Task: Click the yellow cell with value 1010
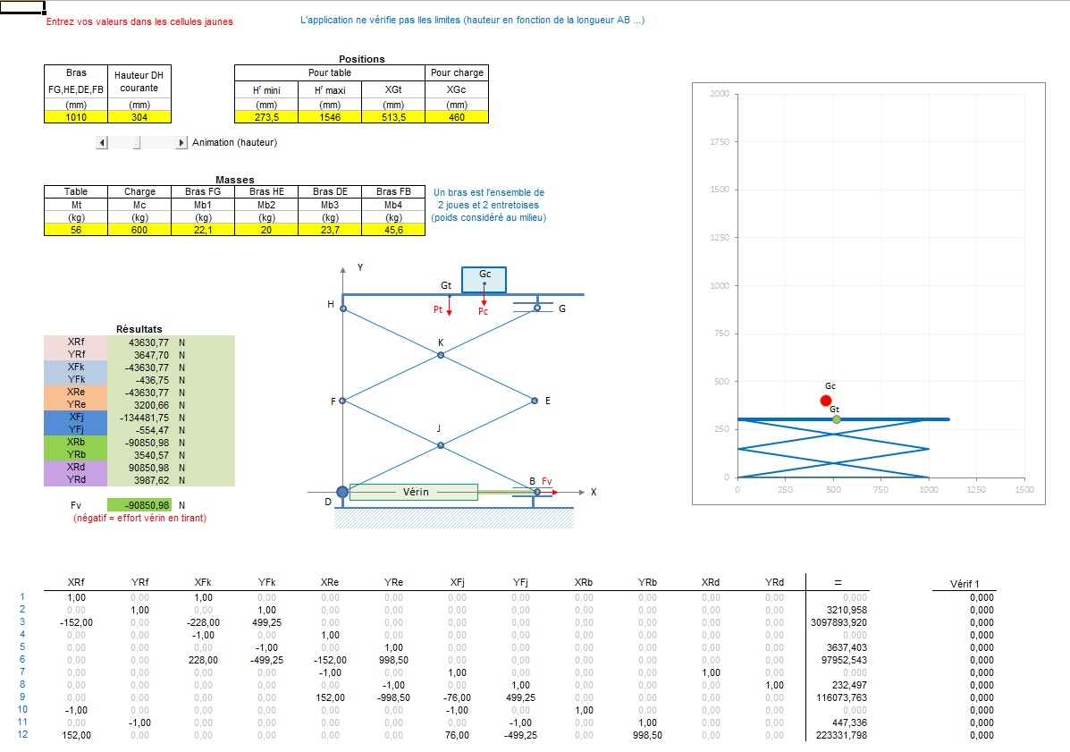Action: click(x=76, y=117)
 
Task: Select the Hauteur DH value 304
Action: click(x=139, y=117)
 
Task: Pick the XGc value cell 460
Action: click(x=457, y=117)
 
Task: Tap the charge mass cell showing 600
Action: click(x=139, y=230)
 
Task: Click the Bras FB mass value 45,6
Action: click(x=393, y=230)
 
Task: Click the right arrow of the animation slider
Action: click(x=182, y=142)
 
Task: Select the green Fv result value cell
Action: click(x=139, y=505)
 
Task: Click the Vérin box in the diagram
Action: click(x=413, y=492)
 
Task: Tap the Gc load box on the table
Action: click(x=484, y=279)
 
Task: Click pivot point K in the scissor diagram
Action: click(x=440, y=355)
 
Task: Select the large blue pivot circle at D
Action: click(x=342, y=492)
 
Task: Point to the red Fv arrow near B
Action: click(x=548, y=492)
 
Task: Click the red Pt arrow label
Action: click(x=438, y=309)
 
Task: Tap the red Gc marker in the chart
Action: click(x=825, y=401)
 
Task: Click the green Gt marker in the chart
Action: click(x=836, y=419)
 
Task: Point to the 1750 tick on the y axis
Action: click(x=719, y=142)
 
